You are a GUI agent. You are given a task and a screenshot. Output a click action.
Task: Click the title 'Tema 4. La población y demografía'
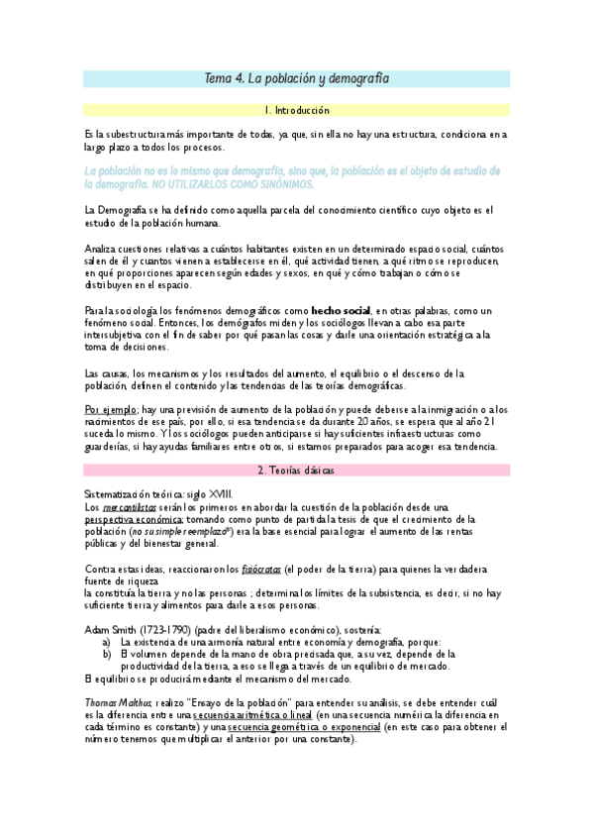[x=296, y=77]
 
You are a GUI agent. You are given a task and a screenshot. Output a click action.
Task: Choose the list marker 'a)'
[x=106, y=641]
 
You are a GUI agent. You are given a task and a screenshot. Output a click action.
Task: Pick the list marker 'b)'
[x=106, y=653]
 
